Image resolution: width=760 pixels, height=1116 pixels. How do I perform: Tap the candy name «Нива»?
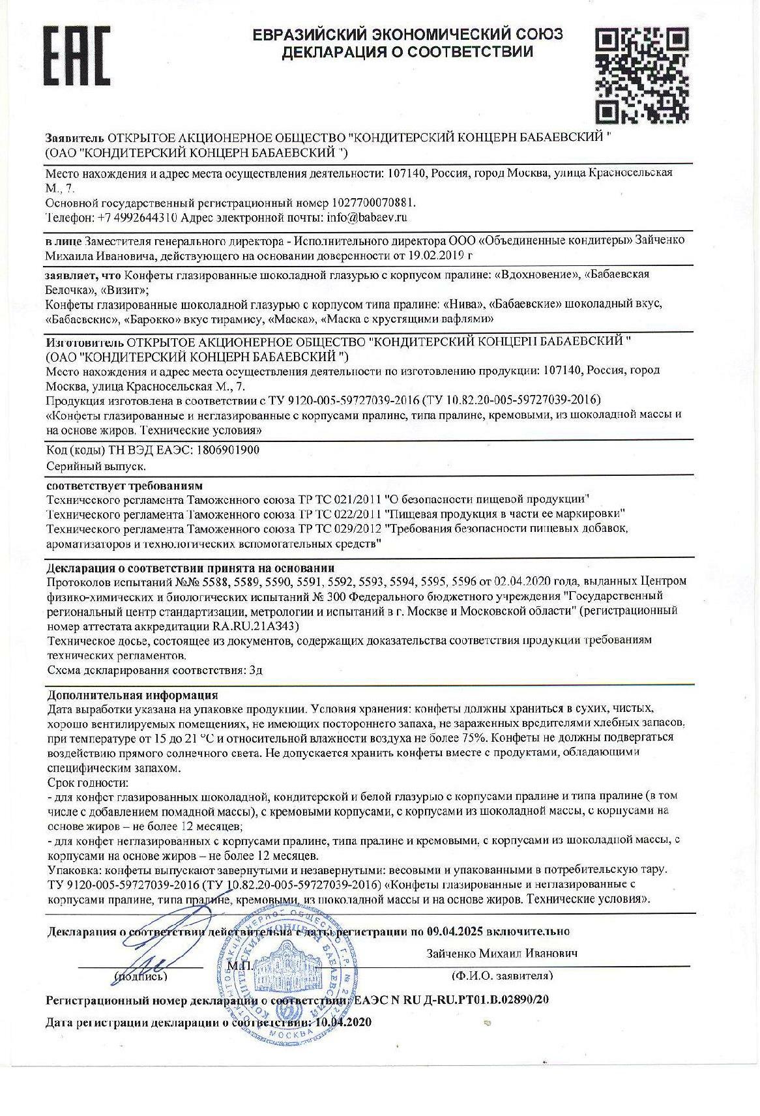click(x=464, y=304)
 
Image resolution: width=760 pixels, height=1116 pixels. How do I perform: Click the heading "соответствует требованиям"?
click(x=124, y=486)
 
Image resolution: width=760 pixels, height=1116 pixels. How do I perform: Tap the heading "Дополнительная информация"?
click(x=133, y=695)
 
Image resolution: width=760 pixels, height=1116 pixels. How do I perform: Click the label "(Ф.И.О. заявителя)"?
click(x=501, y=975)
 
